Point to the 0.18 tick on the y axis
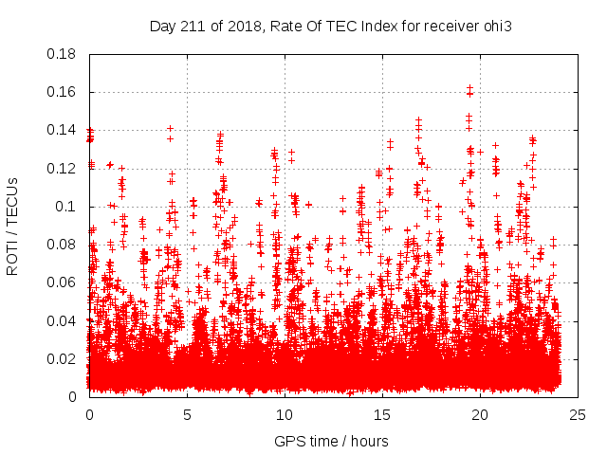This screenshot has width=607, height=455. [63, 54]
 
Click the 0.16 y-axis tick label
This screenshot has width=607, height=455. [63, 92]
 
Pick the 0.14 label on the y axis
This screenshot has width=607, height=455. [63, 130]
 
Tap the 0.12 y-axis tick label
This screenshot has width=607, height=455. [63, 169]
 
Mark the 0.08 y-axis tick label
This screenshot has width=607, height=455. [63, 245]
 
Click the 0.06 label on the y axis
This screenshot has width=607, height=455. [63, 282]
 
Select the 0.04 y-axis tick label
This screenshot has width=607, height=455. [63, 320]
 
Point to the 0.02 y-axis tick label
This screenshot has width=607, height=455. [63, 358]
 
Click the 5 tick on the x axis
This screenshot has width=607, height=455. [187, 415]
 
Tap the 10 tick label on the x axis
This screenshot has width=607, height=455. [285, 415]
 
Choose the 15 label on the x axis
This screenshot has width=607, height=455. [382, 415]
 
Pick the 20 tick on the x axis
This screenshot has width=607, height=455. [481, 415]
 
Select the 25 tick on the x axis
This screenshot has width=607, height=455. [579, 415]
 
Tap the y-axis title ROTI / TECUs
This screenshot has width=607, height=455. [13, 226]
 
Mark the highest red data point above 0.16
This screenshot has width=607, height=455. [470, 87]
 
